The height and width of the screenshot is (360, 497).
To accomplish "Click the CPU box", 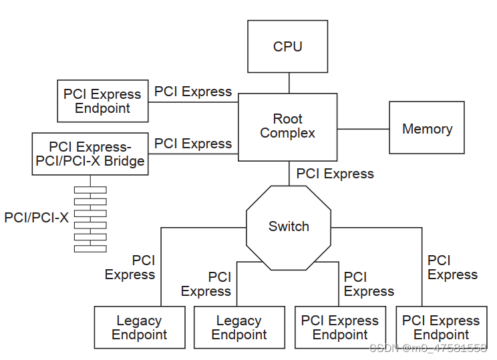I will tap(287, 46).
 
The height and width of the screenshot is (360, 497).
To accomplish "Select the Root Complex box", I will tap(287, 126).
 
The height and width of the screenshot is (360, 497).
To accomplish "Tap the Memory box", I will tap(426, 128).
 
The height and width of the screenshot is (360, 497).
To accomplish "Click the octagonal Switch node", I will tap(289, 227).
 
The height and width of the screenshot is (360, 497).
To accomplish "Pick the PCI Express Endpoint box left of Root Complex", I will tap(102, 101).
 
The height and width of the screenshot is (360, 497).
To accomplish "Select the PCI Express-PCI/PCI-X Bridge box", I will tap(90, 154).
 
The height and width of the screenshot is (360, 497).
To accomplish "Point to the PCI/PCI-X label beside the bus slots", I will tap(36, 217).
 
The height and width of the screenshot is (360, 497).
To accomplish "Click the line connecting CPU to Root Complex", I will tap(289, 83).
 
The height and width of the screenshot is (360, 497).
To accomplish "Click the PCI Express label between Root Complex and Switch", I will tap(335, 174).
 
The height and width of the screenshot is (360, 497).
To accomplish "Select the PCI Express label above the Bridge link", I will tap(193, 144).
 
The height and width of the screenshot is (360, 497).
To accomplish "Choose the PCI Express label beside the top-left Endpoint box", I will tap(193, 92).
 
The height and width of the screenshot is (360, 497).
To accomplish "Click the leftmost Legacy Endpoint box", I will tap(139, 327).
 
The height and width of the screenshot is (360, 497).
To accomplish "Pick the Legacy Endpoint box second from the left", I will tap(239, 327).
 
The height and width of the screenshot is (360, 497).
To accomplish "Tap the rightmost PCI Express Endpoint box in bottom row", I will tap(441, 327).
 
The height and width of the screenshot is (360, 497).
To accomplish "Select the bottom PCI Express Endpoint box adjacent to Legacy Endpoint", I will tap(340, 327).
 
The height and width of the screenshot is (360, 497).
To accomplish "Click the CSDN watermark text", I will tap(428, 348).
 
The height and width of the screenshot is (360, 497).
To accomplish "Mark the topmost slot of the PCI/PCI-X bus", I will tap(90, 190).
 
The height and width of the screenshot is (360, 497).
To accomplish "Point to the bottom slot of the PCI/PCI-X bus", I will tap(90, 248).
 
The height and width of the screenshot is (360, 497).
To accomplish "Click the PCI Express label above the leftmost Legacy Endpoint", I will tap(130, 267).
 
